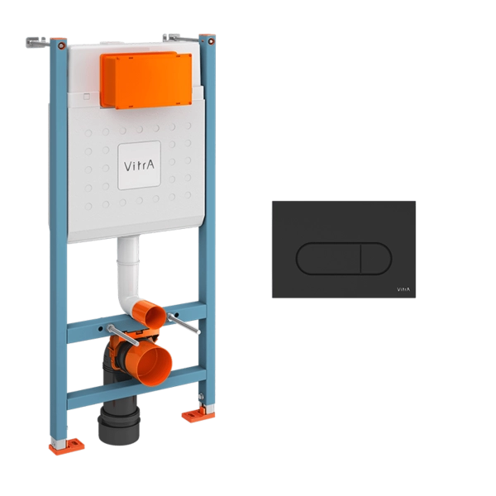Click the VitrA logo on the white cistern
pos(139,165)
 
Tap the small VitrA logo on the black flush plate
pos(403,289)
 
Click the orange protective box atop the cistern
pos(145,80)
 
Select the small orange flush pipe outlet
pos(149,314)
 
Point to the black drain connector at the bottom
pos(119,422)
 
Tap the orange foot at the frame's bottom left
pos(66,446)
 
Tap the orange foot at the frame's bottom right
pos(198,414)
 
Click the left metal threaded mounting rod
pos(122,335)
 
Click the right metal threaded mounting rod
pos(184,323)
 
